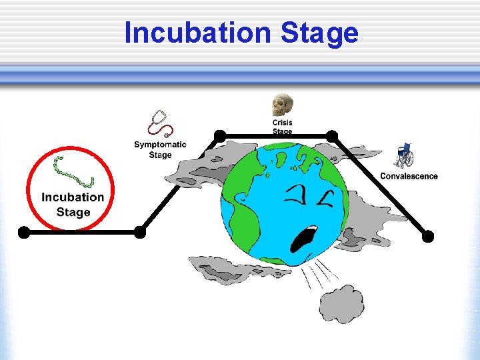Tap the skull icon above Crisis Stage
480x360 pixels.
282,105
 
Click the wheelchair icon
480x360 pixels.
404,156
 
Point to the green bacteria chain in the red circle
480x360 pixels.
73,173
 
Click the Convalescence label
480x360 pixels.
409,176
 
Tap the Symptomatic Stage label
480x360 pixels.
160,150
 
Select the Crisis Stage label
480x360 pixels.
282,127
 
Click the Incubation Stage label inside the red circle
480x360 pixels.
73,205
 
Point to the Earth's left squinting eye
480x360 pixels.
295,195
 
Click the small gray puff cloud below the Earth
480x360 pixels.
341,303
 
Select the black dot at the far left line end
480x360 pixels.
24,232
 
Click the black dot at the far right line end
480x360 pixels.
428,236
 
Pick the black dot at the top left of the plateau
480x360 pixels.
219,136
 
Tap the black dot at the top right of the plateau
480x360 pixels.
331,136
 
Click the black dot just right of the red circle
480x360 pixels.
140,232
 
